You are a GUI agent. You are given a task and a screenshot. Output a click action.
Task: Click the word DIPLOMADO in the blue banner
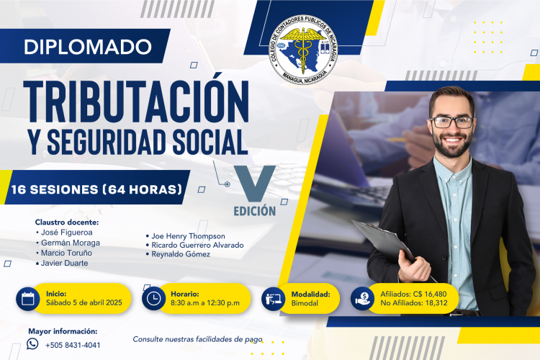click(88, 47)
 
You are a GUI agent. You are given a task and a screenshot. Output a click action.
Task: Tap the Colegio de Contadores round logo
click(303, 50)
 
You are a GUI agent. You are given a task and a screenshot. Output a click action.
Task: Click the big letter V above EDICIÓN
click(254, 184)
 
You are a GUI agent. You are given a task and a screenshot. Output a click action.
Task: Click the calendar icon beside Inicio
click(28, 299)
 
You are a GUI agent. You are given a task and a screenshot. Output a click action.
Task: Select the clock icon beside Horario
click(153, 298)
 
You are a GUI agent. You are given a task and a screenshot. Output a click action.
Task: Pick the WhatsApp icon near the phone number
click(32, 344)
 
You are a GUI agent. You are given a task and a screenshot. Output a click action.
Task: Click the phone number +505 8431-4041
click(73, 345)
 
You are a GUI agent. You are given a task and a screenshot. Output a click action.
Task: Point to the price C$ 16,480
click(430, 294)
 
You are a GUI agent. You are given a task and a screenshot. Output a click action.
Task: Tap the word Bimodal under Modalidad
click(305, 304)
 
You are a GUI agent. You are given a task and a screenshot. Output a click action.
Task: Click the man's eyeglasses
click(452, 122)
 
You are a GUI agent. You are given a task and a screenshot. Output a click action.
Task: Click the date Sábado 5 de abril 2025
click(84, 303)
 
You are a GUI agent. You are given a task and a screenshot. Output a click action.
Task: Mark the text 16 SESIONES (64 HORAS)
click(96, 189)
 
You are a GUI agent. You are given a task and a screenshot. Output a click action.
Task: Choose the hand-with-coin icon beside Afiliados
click(362, 299)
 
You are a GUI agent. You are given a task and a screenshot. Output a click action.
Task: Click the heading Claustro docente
click(67, 222)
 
